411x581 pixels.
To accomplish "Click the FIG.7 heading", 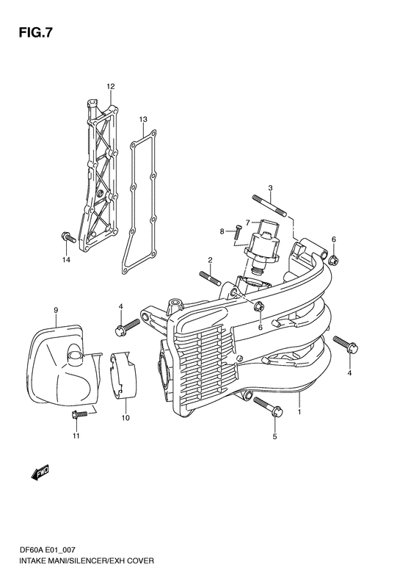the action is (x=35, y=33).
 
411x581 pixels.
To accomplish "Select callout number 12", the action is (x=110, y=87).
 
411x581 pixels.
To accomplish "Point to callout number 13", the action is (x=143, y=119).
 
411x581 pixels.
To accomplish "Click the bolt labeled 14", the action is (x=68, y=237).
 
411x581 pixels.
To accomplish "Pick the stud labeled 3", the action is (x=270, y=205).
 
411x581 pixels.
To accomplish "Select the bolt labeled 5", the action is (x=269, y=406).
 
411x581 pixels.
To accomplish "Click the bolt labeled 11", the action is (x=79, y=414).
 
